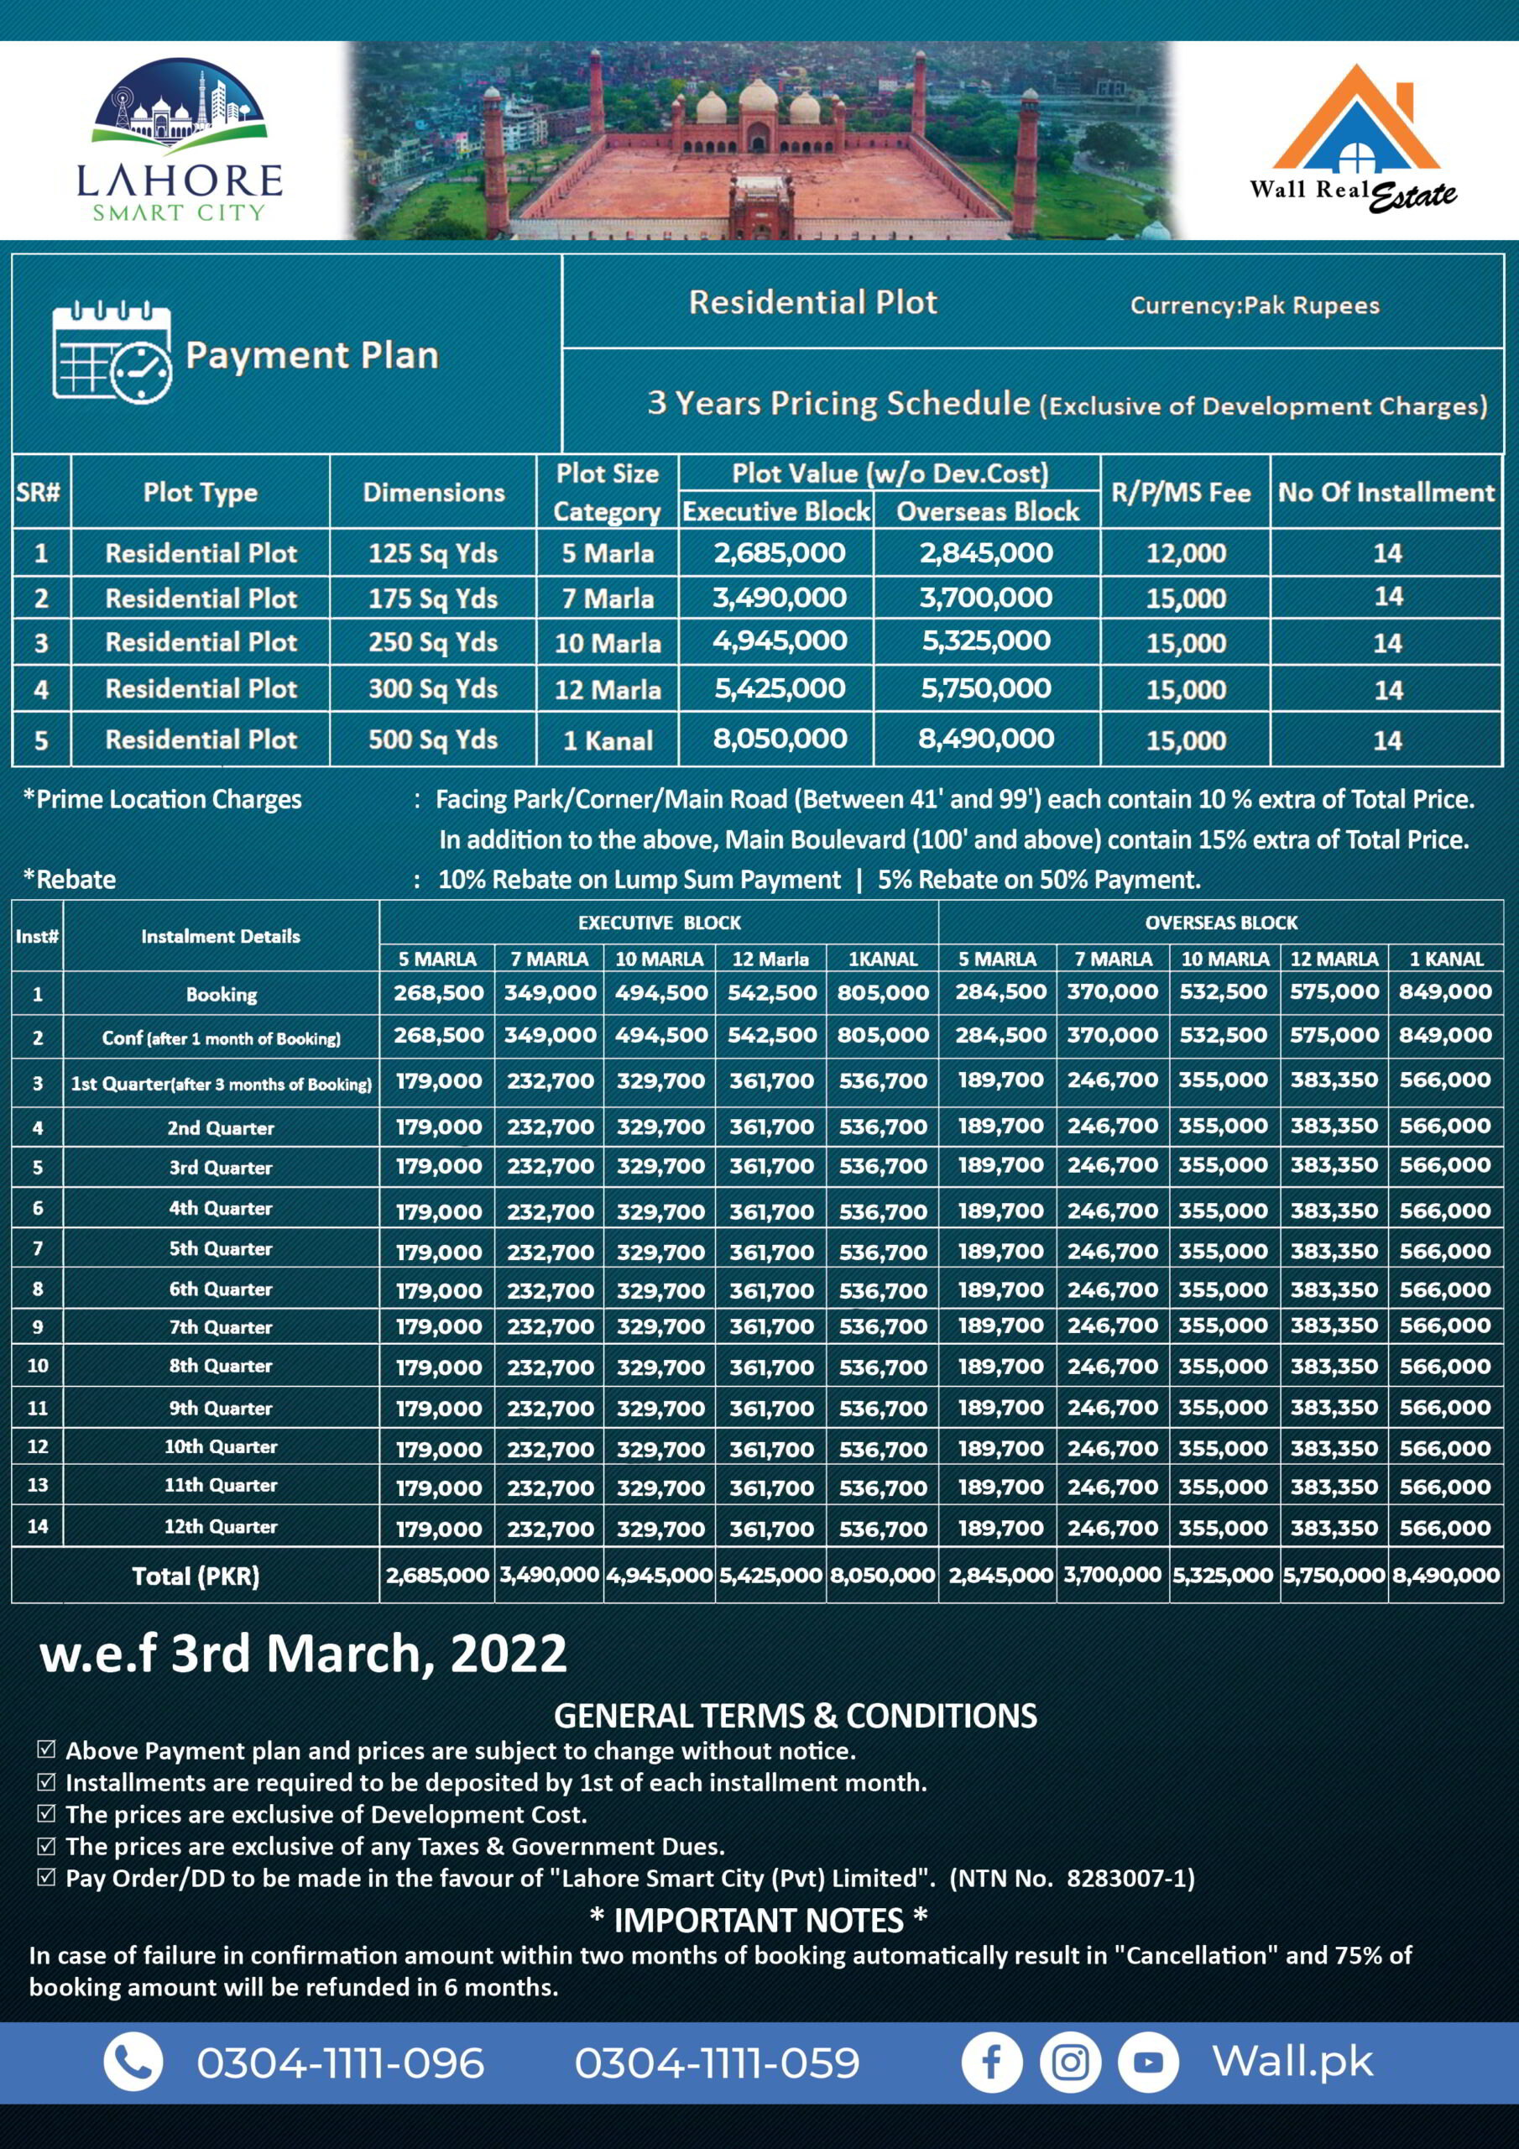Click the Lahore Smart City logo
click(179, 140)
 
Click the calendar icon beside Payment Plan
click(112, 353)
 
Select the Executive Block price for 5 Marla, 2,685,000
click(779, 553)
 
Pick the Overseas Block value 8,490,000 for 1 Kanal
click(985, 740)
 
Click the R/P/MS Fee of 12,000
click(1186, 553)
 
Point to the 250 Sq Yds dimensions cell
click(432, 643)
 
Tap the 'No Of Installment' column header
click(1386, 492)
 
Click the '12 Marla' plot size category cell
click(608, 691)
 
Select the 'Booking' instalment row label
click(221, 994)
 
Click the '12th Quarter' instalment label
click(221, 1527)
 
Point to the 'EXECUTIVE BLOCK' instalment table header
click(659, 923)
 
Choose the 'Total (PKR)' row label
click(196, 1576)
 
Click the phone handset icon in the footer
click(133, 2062)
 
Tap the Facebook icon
click(991, 2062)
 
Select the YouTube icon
click(1148, 2062)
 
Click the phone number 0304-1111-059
click(717, 2063)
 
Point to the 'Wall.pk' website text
click(1292, 2061)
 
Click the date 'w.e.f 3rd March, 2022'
click(303, 1654)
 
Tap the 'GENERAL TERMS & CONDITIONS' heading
click(796, 1716)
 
